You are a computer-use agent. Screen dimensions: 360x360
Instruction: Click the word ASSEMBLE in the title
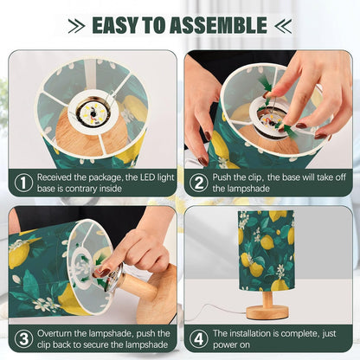click(218, 25)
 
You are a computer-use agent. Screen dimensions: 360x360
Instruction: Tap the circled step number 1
click(23, 183)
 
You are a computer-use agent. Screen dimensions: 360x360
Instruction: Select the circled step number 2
click(198, 183)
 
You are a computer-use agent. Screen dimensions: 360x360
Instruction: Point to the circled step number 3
click(23, 339)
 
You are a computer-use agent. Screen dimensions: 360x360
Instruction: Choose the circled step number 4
click(198, 339)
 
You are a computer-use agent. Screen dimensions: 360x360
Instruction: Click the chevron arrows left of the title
click(76, 26)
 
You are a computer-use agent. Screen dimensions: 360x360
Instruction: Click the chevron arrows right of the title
click(283, 26)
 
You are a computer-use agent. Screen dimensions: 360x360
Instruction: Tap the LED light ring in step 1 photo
click(93, 113)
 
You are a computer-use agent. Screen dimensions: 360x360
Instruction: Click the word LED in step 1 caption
click(148, 177)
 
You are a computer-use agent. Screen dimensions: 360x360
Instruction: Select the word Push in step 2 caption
click(222, 177)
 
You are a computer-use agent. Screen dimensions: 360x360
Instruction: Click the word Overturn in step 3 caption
click(55, 333)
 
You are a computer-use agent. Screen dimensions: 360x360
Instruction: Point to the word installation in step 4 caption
click(253, 333)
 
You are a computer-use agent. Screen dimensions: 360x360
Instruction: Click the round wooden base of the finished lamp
click(267, 312)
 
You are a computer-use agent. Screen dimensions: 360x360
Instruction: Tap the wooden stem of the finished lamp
click(267, 299)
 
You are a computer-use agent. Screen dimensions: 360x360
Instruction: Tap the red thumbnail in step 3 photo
click(104, 272)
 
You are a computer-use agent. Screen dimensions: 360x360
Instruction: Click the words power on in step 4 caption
click(231, 345)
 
